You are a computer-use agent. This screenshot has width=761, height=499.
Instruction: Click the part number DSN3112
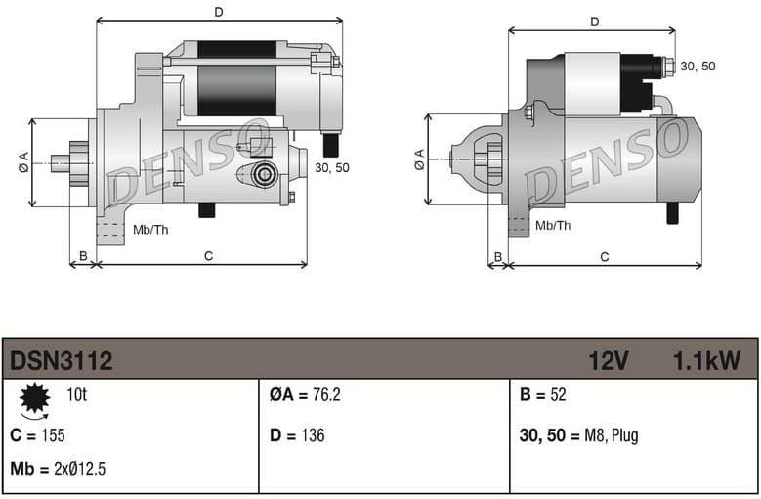click(62, 361)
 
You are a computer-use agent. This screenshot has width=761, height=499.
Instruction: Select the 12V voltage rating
click(608, 361)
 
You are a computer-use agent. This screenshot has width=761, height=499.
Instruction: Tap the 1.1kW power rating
click(706, 361)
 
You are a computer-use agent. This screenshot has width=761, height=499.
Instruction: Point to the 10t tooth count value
click(77, 395)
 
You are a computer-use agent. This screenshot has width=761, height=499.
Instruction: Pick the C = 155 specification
click(37, 435)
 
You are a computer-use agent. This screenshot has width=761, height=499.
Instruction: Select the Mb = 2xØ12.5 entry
click(58, 469)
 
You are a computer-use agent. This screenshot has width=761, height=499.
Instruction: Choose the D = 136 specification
click(297, 435)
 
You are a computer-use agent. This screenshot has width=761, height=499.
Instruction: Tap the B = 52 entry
click(543, 395)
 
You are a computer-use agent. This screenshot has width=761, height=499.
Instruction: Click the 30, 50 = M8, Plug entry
click(578, 435)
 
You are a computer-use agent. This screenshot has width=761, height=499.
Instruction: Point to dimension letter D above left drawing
click(219, 12)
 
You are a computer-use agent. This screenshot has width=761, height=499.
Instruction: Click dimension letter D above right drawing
click(594, 22)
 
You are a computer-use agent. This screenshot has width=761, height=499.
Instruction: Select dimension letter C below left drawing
click(208, 256)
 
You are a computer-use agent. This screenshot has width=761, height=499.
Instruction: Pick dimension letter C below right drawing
click(605, 257)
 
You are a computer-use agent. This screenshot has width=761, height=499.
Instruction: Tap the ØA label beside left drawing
click(23, 162)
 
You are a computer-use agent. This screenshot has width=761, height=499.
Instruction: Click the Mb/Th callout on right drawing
click(553, 226)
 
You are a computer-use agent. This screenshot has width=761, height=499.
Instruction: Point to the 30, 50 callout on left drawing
click(332, 167)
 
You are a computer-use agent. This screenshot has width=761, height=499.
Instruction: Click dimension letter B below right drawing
click(497, 257)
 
